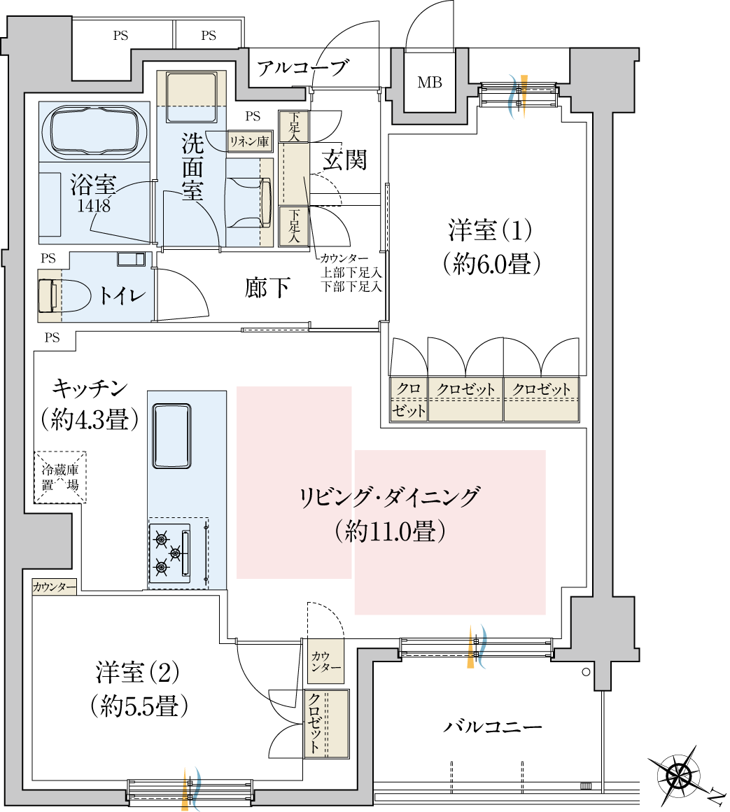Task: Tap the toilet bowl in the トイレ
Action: (66, 295)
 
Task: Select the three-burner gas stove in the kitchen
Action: (170, 553)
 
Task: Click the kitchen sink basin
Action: (171, 435)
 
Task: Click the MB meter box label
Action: (430, 83)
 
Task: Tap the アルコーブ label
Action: (302, 69)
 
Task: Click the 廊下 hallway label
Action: (268, 288)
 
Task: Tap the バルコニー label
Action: (493, 727)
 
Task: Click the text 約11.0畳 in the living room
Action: (390, 531)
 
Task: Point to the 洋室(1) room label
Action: (491, 230)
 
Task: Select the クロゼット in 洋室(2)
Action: (326, 724)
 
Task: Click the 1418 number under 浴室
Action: (94, 206)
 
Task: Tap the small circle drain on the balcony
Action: (586, 673)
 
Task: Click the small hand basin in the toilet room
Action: (131, 259)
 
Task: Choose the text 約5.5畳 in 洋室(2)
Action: (139, 706)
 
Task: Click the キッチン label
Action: (89, 387)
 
